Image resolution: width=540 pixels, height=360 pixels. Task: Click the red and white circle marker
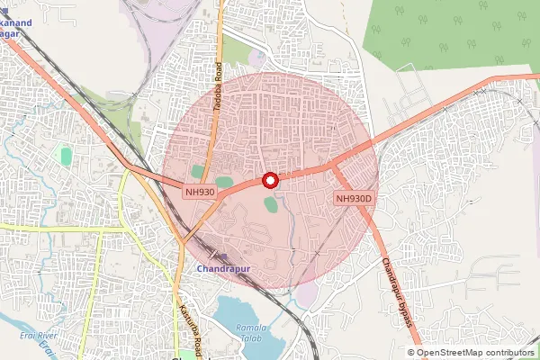tap(270, 180)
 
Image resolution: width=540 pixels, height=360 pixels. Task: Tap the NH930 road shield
tap(200, 191)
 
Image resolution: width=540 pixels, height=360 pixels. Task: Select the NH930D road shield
tap(354, 198)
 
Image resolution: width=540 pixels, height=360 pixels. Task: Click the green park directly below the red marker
tap(271, 204)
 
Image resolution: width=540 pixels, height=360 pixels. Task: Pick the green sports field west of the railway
tap(66, 156)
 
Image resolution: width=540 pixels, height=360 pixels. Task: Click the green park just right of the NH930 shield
tap(224, 183)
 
